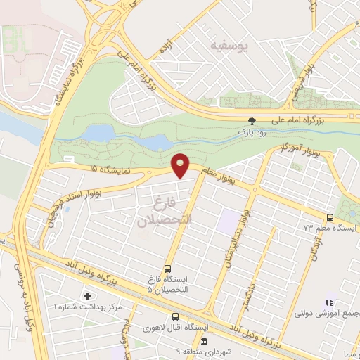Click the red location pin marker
click(181, 166)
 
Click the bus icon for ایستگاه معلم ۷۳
click(330, 217)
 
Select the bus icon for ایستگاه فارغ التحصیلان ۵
click(167, 268)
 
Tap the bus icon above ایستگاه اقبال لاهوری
click(175, 317)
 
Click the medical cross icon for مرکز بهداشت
click(87, 296)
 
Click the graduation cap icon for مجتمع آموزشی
click(327, 303)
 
